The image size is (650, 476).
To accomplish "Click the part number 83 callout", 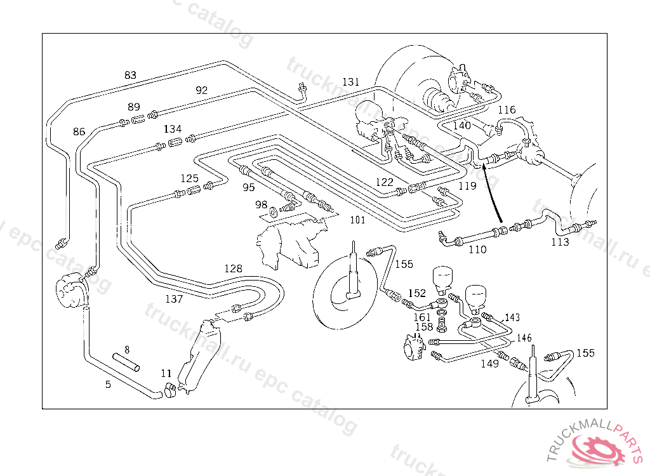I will coord(130,75).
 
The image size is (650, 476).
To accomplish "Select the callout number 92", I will coord(201,90).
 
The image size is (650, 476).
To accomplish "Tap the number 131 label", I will coord(350,82).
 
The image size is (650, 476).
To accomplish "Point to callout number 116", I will coord(507,110).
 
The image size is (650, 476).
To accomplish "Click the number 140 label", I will coord(461,125).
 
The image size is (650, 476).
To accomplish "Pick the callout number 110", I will coord(477,249).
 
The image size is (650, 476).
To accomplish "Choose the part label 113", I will coord(560,242).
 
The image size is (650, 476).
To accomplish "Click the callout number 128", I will coord(233,268).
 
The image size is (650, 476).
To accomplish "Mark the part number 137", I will coord(174,298).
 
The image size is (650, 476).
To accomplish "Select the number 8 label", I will coord(127,349).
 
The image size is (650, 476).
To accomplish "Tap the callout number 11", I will coord(166,373).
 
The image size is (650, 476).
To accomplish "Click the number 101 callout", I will coord(357,220).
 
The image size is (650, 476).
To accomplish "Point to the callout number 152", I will coord(416,293).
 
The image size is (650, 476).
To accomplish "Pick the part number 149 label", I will coord(489,364).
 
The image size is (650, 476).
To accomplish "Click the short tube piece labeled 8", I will coord(127,362).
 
